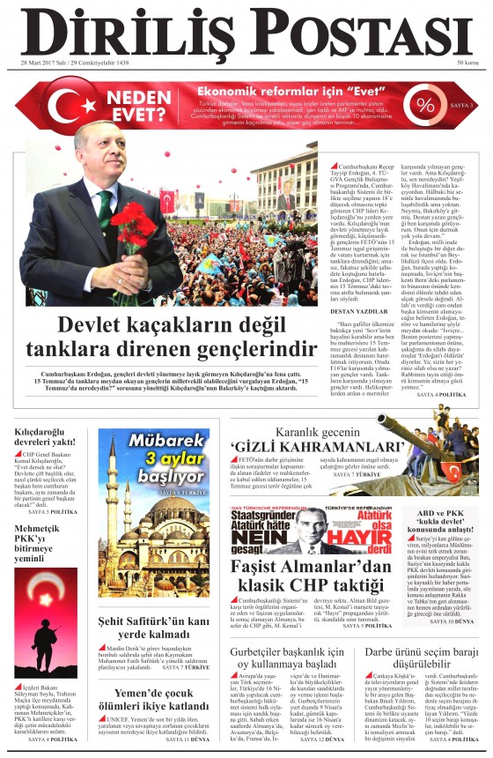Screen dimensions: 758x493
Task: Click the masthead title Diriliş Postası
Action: pyautogui.click(x=246, y=32)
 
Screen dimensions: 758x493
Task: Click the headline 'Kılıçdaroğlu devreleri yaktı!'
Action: pyautogui.click(x=45, y=435)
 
